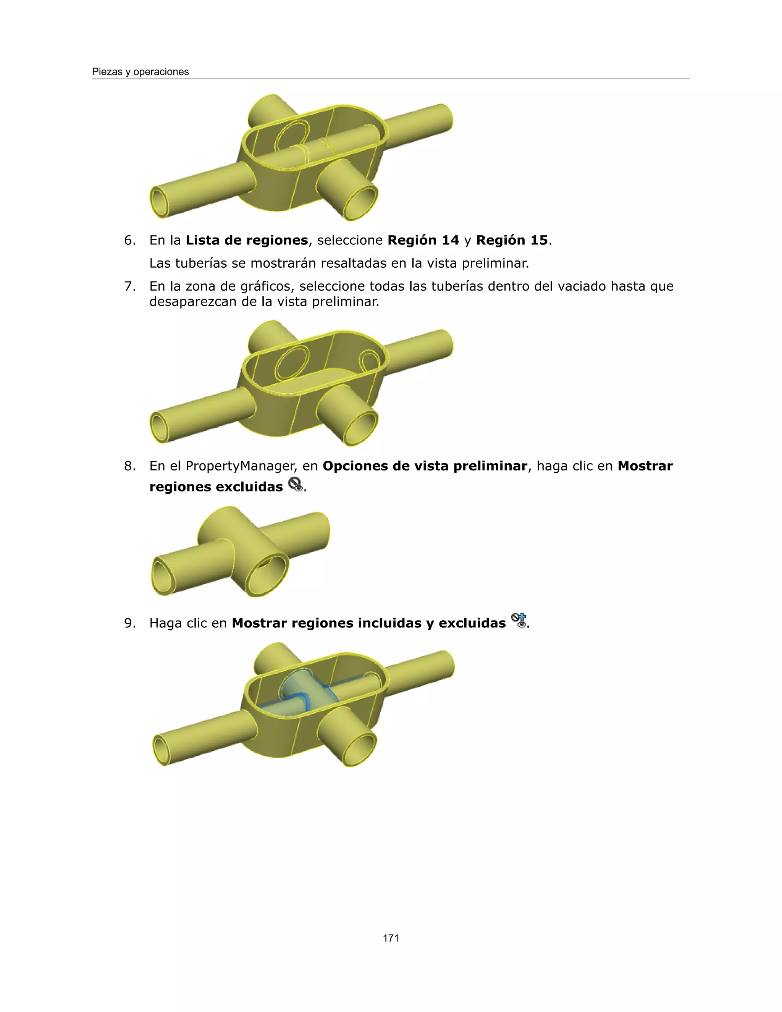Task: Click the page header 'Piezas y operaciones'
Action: tap(141, 72)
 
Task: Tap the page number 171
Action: tap(391, 938)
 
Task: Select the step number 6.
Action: tap(130, 240)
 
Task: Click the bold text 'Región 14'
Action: tap(423, 240)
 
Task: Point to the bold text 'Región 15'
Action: tap(512, 240)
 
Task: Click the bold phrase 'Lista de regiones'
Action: tap(246, 240)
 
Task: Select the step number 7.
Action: tap(130, 286)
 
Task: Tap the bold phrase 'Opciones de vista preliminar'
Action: tap(424, 466)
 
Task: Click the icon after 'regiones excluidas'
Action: tap(296, 485)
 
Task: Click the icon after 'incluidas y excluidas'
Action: tap(519, 621)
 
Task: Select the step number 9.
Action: tap(130, 623)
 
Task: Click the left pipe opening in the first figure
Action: tap(161, 202)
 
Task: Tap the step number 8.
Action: tap(130, 466)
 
